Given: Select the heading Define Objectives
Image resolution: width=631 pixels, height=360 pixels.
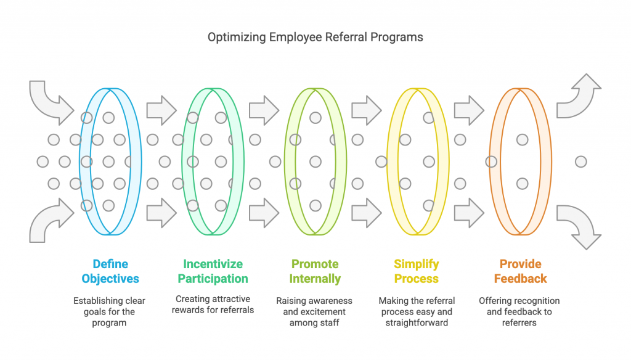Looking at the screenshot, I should click(x=110, y=271).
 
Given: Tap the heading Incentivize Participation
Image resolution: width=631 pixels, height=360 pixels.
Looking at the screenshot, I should click(x=213, y=271).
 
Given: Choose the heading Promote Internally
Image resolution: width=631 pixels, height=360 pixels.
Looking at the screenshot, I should click(x=315, y=271).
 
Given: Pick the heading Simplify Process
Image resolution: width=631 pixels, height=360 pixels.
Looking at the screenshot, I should click(x=417, y=271).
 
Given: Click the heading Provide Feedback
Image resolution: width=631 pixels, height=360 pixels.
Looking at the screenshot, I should click(x=520, y=271).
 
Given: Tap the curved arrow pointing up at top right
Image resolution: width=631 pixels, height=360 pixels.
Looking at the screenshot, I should click(x=579, y=96).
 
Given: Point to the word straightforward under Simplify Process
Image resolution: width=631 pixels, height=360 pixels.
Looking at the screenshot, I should click(x=417, y=322).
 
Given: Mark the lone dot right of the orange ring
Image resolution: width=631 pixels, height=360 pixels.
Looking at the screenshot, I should click(x=580, y=162).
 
